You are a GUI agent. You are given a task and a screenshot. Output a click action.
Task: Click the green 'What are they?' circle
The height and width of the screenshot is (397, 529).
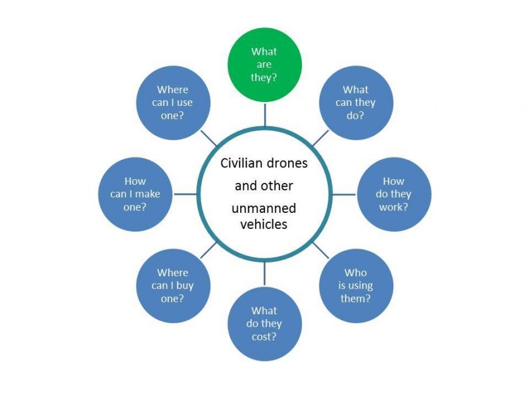click(264, 65)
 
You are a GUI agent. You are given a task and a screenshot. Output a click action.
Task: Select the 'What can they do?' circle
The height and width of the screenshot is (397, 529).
click(356, 103)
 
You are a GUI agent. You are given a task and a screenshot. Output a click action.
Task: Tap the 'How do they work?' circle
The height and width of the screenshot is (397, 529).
click(394, 194)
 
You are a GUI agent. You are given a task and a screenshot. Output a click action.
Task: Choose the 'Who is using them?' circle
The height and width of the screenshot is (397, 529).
click(356, 286)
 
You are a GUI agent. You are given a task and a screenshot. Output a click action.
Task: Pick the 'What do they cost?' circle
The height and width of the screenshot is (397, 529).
click(264, 324)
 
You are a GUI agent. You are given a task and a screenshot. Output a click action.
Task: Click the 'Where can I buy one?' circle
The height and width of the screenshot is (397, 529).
click(173, 286)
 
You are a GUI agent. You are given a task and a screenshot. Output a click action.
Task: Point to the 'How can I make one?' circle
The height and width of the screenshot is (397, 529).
click(135, 194)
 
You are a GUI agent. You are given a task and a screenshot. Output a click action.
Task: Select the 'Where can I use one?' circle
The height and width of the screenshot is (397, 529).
click(173, 103)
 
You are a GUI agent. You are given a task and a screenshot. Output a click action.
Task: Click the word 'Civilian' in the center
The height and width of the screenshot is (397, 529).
click(241, 163)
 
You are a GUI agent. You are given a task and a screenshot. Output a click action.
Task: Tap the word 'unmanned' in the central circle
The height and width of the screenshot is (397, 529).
click(264, 208)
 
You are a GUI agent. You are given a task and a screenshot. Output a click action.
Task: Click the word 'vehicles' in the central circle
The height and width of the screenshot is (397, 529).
click(264, 224)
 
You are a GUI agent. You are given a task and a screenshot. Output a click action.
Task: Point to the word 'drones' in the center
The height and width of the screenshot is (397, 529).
click(286, 163)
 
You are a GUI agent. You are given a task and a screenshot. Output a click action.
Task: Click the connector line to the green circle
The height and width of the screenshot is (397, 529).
click(265, 114)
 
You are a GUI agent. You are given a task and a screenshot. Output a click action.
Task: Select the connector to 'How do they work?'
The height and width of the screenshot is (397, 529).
click(344, 194)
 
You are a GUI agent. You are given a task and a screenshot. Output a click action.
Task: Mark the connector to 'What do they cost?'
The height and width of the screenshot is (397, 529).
click(265, 274)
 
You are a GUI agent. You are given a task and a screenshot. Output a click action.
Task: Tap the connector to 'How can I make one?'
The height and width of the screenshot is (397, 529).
click(185, 194)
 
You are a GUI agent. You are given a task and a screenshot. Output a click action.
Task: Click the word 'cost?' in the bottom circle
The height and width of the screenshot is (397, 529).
click(264, 337)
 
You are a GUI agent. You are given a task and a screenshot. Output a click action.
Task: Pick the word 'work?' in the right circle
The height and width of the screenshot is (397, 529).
click(393, 207)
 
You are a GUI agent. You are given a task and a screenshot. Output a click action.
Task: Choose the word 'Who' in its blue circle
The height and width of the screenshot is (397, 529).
click(355, 273)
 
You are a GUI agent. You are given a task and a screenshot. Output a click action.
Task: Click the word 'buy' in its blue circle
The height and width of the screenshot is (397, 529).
click(185, 286)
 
